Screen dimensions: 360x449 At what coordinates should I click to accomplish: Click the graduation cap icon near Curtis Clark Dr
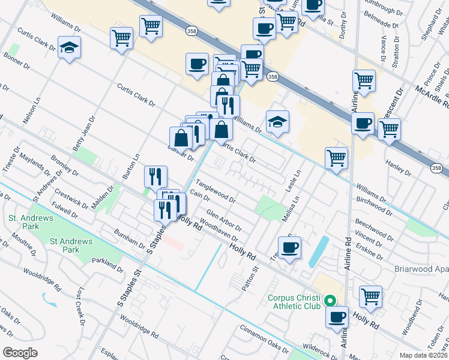(x=70, y=47)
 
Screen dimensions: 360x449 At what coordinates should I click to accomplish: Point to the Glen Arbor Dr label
(x=223, y=220)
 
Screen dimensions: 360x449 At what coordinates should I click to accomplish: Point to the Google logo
(x=20, y=352)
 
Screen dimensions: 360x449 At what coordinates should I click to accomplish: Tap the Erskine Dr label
(x=369, y=251)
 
